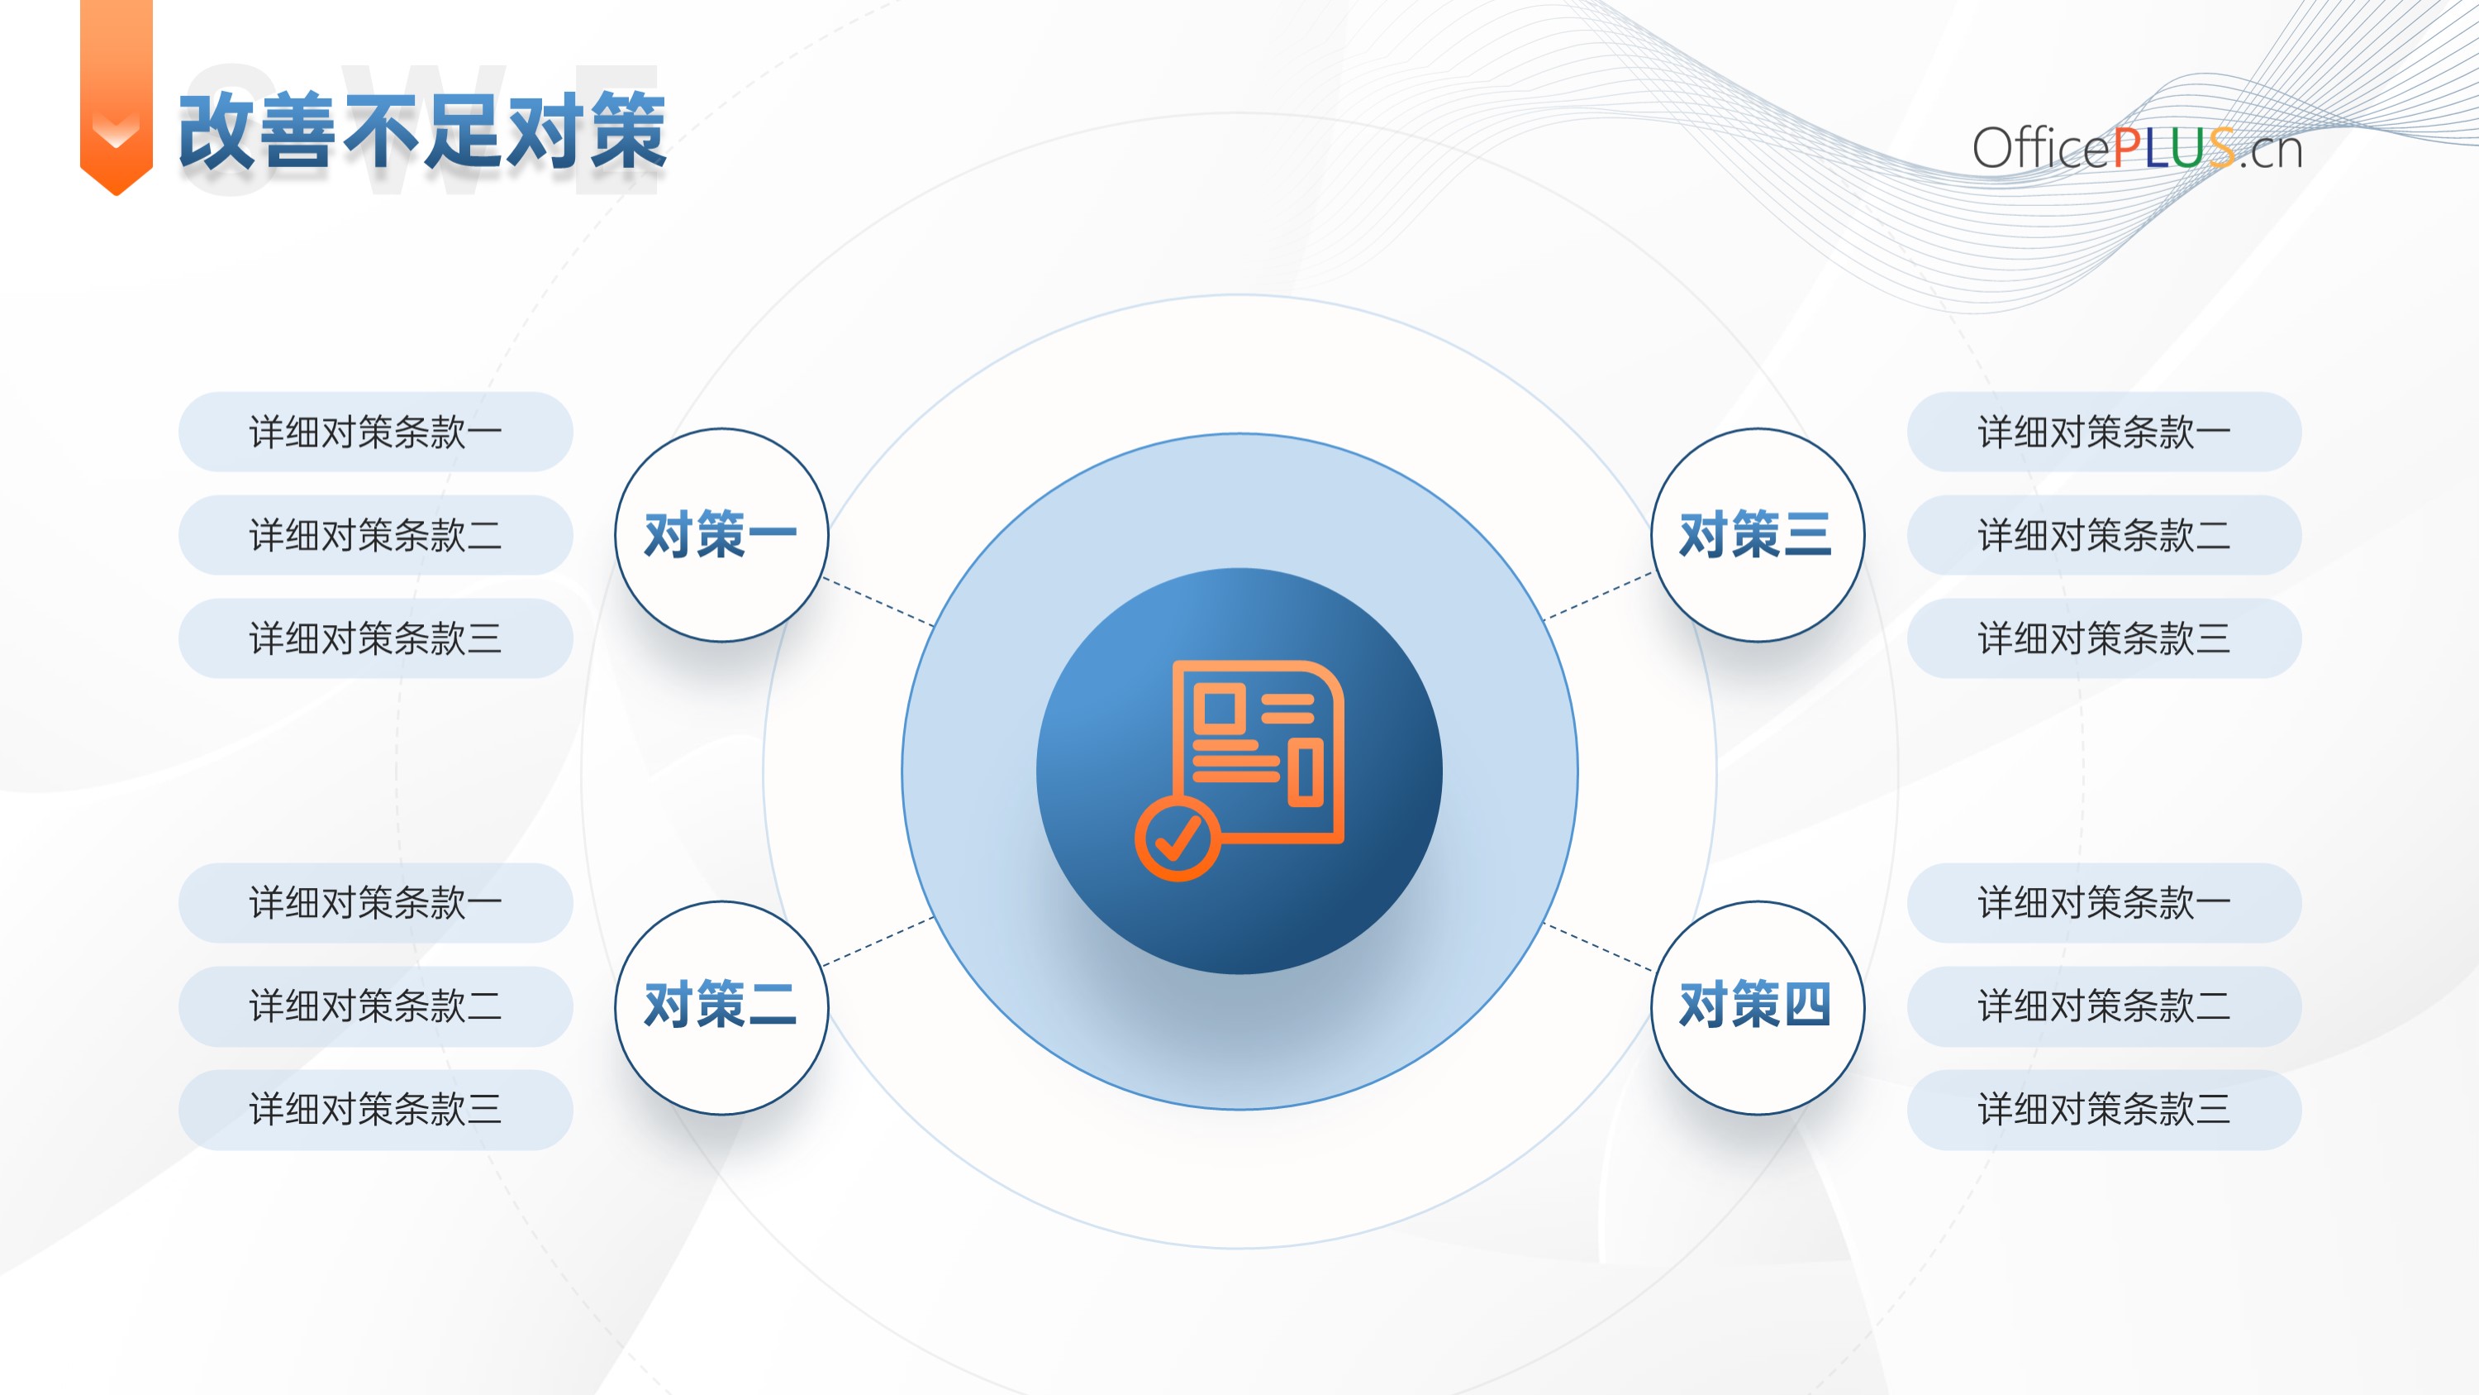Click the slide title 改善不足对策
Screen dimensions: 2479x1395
[x=422, y=132]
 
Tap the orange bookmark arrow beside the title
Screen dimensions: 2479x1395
[x=117, y=96]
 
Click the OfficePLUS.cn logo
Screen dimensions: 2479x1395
[x=2136, y=148]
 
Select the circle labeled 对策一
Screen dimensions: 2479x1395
[x=721, y=535]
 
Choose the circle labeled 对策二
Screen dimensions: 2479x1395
[x=721, y=1008]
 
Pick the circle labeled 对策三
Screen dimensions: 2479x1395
[x=1758, y=535]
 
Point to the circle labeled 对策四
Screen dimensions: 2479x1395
[x=1758, y=1008]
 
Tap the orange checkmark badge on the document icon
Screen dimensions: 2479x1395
[x=1178, y=838]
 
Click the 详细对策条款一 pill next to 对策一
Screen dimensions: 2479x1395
[x=375, y=432]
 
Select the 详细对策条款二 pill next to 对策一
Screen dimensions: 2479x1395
[x=375, y=535]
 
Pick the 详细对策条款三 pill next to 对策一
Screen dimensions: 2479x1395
[x=375, y=638]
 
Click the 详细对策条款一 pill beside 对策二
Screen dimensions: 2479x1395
[x=375, y=903]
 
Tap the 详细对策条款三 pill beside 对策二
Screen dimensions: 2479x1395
[x=375, y=1110]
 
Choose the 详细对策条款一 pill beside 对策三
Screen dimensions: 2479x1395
[x=2104, y=432]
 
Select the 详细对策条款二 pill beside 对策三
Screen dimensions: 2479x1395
[x=2104, y=535]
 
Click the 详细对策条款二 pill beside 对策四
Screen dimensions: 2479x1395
[x=2104, y=1007]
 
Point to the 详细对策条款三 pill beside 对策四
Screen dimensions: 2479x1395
[x=2104, y=1110]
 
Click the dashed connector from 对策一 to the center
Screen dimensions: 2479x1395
[x=878, y=602]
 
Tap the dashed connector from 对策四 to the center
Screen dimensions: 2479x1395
[x=1598, y=945]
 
